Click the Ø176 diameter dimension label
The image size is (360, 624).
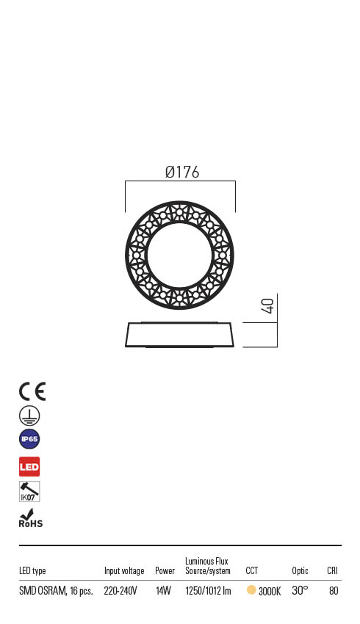coord(182,173)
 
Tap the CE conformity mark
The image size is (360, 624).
coord(32,391)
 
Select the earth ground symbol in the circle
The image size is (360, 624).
coord(29,416)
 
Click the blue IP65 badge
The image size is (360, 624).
coord(29,440)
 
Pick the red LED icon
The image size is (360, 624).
coord(29,466)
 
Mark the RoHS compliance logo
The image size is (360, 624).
coord(30,518)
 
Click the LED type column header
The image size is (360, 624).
coord(32,571)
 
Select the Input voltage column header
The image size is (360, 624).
coord(124,571)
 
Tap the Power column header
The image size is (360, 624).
coord(165,571)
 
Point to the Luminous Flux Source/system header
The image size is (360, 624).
coord(208,566)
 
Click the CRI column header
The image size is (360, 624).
coord(332,571)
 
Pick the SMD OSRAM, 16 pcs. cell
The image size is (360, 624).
coord(56,591)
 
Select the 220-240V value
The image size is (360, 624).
coord(120,591)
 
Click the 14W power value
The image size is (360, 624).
coord(163,591)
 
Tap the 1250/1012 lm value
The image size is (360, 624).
coord(208,591)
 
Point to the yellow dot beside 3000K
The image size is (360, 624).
coord(251,590)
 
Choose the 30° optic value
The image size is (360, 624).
coord(300,590)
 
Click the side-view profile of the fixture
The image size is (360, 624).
coord(181,335)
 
